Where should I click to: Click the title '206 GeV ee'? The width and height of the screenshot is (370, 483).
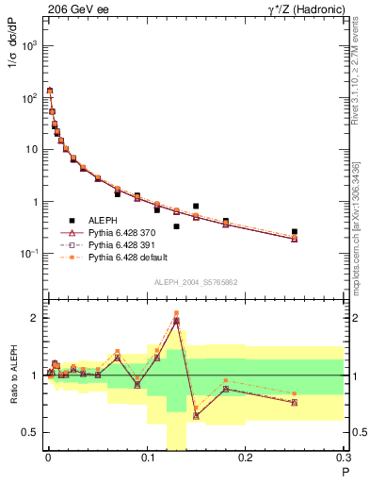(x=76, y=8)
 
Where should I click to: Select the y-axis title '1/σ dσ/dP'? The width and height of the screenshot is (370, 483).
(x=12, y=72)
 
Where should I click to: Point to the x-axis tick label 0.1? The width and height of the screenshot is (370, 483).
(x=146, y=459)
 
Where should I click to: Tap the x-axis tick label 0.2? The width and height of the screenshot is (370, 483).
(x=245, y=459)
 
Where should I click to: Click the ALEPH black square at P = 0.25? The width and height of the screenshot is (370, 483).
(x=295, y=231)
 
